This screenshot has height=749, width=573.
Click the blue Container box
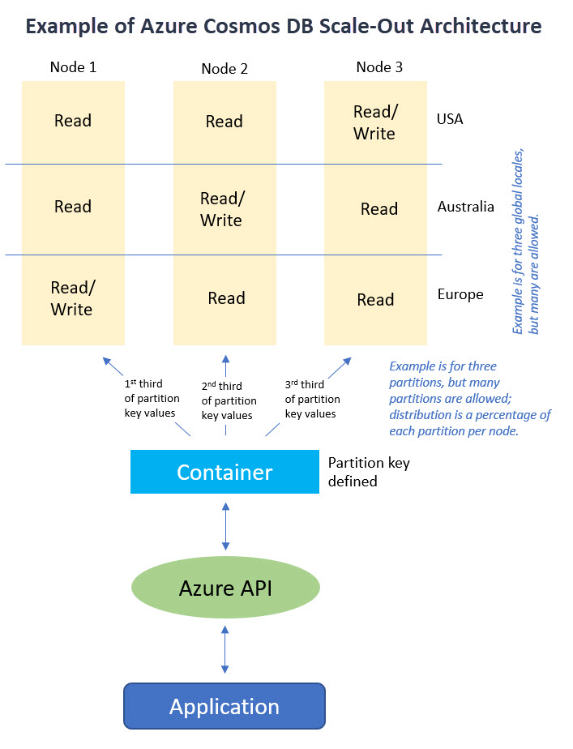pos(224,472)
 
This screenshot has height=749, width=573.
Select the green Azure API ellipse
pos(225,588)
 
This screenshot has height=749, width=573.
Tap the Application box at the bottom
pos(224,706)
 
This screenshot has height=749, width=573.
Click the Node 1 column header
pos(73,67)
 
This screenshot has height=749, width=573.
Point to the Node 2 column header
pos(224,69)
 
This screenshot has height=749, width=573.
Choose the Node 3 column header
pos(379,67)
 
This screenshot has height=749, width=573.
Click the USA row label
pos(450,119)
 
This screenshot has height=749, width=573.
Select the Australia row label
pos(465,207)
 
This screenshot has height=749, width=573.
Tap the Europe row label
pos(460,294)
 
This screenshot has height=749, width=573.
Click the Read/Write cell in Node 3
pos(374,122)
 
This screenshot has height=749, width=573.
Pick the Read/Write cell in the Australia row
pos(221,209)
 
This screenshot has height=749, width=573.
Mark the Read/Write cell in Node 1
pos(71,298)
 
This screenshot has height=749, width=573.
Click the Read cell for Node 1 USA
pos(73,121)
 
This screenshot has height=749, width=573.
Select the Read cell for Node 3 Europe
pos(375,300)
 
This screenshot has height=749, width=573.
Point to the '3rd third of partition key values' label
pos(313,400)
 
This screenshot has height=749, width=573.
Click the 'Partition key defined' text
pos(368,472)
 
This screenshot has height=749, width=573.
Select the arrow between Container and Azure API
pos(225,524)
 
